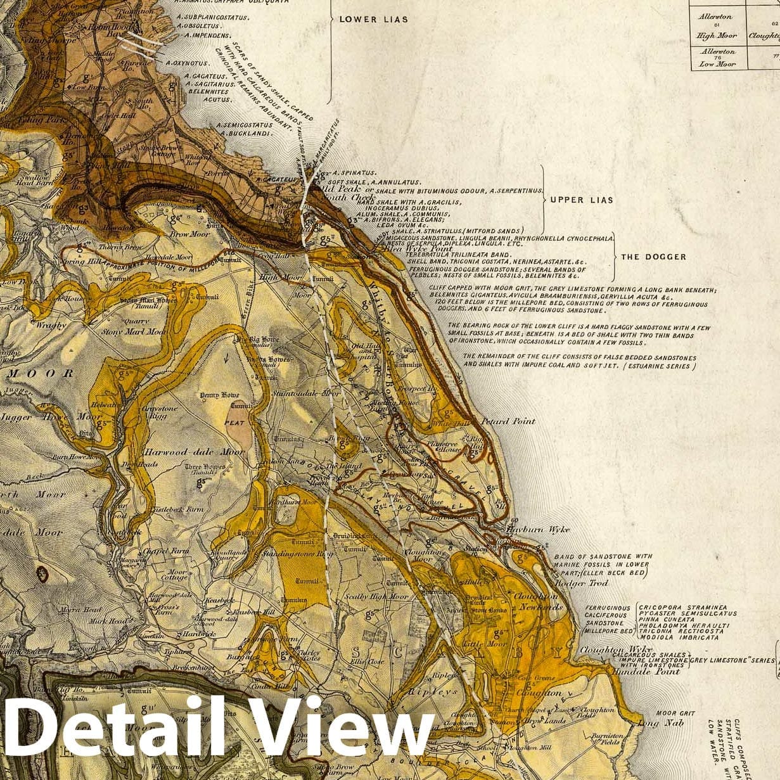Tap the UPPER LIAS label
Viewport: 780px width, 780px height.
581,200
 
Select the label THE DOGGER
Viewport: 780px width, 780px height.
653,257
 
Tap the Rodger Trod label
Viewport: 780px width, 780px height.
581,583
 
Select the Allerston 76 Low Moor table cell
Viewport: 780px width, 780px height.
718,58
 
